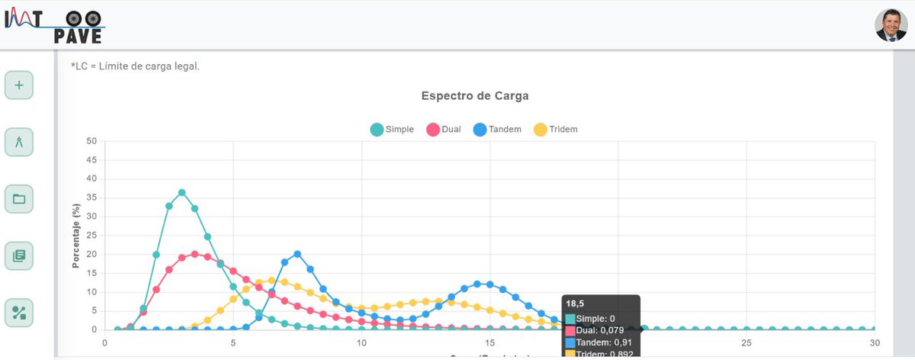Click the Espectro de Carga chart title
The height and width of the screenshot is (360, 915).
pyautogui.click(x=475, y=96)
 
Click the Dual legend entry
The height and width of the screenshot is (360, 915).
pyautogui.click(x=443, y=129)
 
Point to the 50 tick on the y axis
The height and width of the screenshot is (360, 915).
pyautogui.click(x=91, y=141)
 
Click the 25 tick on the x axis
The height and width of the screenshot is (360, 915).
pyautogui.click(x=746, y=342)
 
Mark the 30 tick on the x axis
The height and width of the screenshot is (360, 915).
pyautogui.click(x=875, y=342)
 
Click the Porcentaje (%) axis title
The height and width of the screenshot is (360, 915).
pyautogui.click(x=76, y=236)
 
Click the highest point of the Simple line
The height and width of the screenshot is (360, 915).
pyautogui.click(x=181, y=192)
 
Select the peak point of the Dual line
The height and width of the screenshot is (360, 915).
pyautogui.click(x=194, y=254)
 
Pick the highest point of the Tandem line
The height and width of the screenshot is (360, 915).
pyautogui.click(x=297, y=254)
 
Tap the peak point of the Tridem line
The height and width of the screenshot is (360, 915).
pyautogui.click(x=271, y=280)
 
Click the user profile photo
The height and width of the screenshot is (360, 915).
pyautogui.click(x=891, y=25)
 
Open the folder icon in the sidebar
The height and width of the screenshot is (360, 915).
pyautogui.click(x=19, y=200)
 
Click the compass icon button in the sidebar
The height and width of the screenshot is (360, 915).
pyautogui.click(x=19, y=142)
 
